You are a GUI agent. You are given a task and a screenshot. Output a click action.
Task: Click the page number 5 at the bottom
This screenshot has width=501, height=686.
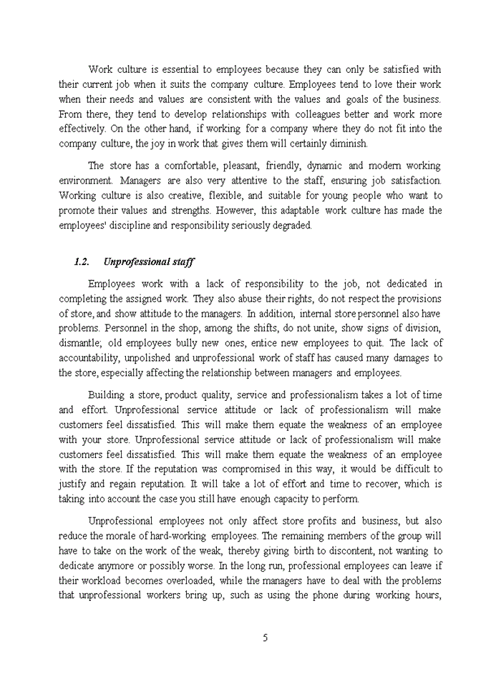pos(265,638)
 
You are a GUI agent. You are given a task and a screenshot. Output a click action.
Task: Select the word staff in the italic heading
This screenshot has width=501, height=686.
pos(182,262)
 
